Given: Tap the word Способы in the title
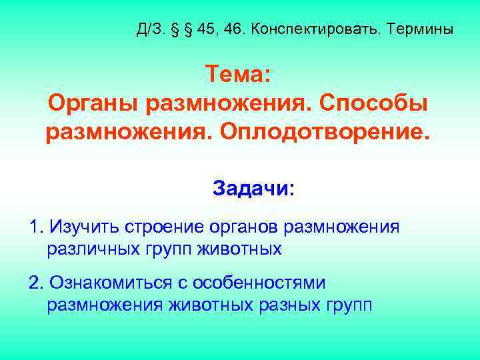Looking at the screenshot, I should pyautogui.click(x=373, y=103).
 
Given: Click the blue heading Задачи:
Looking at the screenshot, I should pyautogui.click(x=253, y=189).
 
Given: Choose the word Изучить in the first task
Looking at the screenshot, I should pyautogui.click(x=83, y=227).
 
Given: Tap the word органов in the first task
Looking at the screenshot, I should pyautogui.click(x=242, y=227).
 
